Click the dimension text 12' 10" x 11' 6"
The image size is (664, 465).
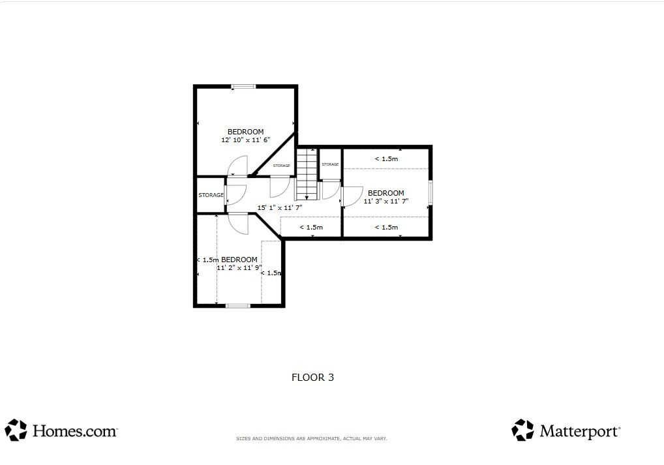click(246, 140)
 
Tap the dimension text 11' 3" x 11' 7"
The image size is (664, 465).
click(385, 201)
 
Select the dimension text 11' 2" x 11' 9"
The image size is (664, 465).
click(239, 267)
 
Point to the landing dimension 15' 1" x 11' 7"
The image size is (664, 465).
click(279, 208)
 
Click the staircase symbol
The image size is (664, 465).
click(307, 173)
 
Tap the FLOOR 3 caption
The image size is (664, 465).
click(312, 378)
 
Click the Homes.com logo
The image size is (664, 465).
click(61, 430)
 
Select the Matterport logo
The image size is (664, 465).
click(566, 430)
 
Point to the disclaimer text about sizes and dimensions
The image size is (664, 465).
click(312, 439)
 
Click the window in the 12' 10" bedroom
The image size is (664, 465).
click(243, 87)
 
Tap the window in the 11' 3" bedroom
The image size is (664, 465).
click(430, 192)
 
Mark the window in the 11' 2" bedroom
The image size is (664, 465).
click(238, 305)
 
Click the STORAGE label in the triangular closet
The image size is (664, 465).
click(282, 166)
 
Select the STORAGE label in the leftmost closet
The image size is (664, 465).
click(211, 195)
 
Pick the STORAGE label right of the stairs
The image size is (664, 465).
click(330, 164)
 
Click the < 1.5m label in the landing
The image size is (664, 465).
click(311, 228)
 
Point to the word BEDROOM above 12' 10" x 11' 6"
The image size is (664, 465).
click(246, 132)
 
